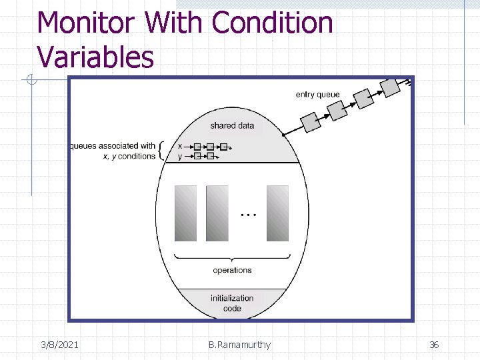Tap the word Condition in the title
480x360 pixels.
[x=272, y=23]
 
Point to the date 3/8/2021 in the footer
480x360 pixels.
[x=59, y=345]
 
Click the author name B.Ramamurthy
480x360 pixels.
[x=239, y=345]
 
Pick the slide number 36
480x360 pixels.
[x=434, y=345]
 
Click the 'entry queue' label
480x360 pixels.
[x=317, y=95]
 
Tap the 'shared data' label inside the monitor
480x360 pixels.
[x=232, y=125]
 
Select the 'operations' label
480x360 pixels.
[x=232, y=270]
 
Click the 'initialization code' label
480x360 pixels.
[x=232, y=303]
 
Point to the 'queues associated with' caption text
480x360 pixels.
[x=113, y=146]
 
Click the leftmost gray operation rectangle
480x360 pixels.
[x=185, y=213]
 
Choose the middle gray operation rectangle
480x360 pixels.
[x=217, y=213]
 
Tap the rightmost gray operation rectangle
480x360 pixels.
[x=277, y=213]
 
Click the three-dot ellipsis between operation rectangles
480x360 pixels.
[x=248, y=215]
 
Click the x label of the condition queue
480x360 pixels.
[x=180, y=146]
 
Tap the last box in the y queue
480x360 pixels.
[x=210, y=156]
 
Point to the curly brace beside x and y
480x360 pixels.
[x=163, y=151]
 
